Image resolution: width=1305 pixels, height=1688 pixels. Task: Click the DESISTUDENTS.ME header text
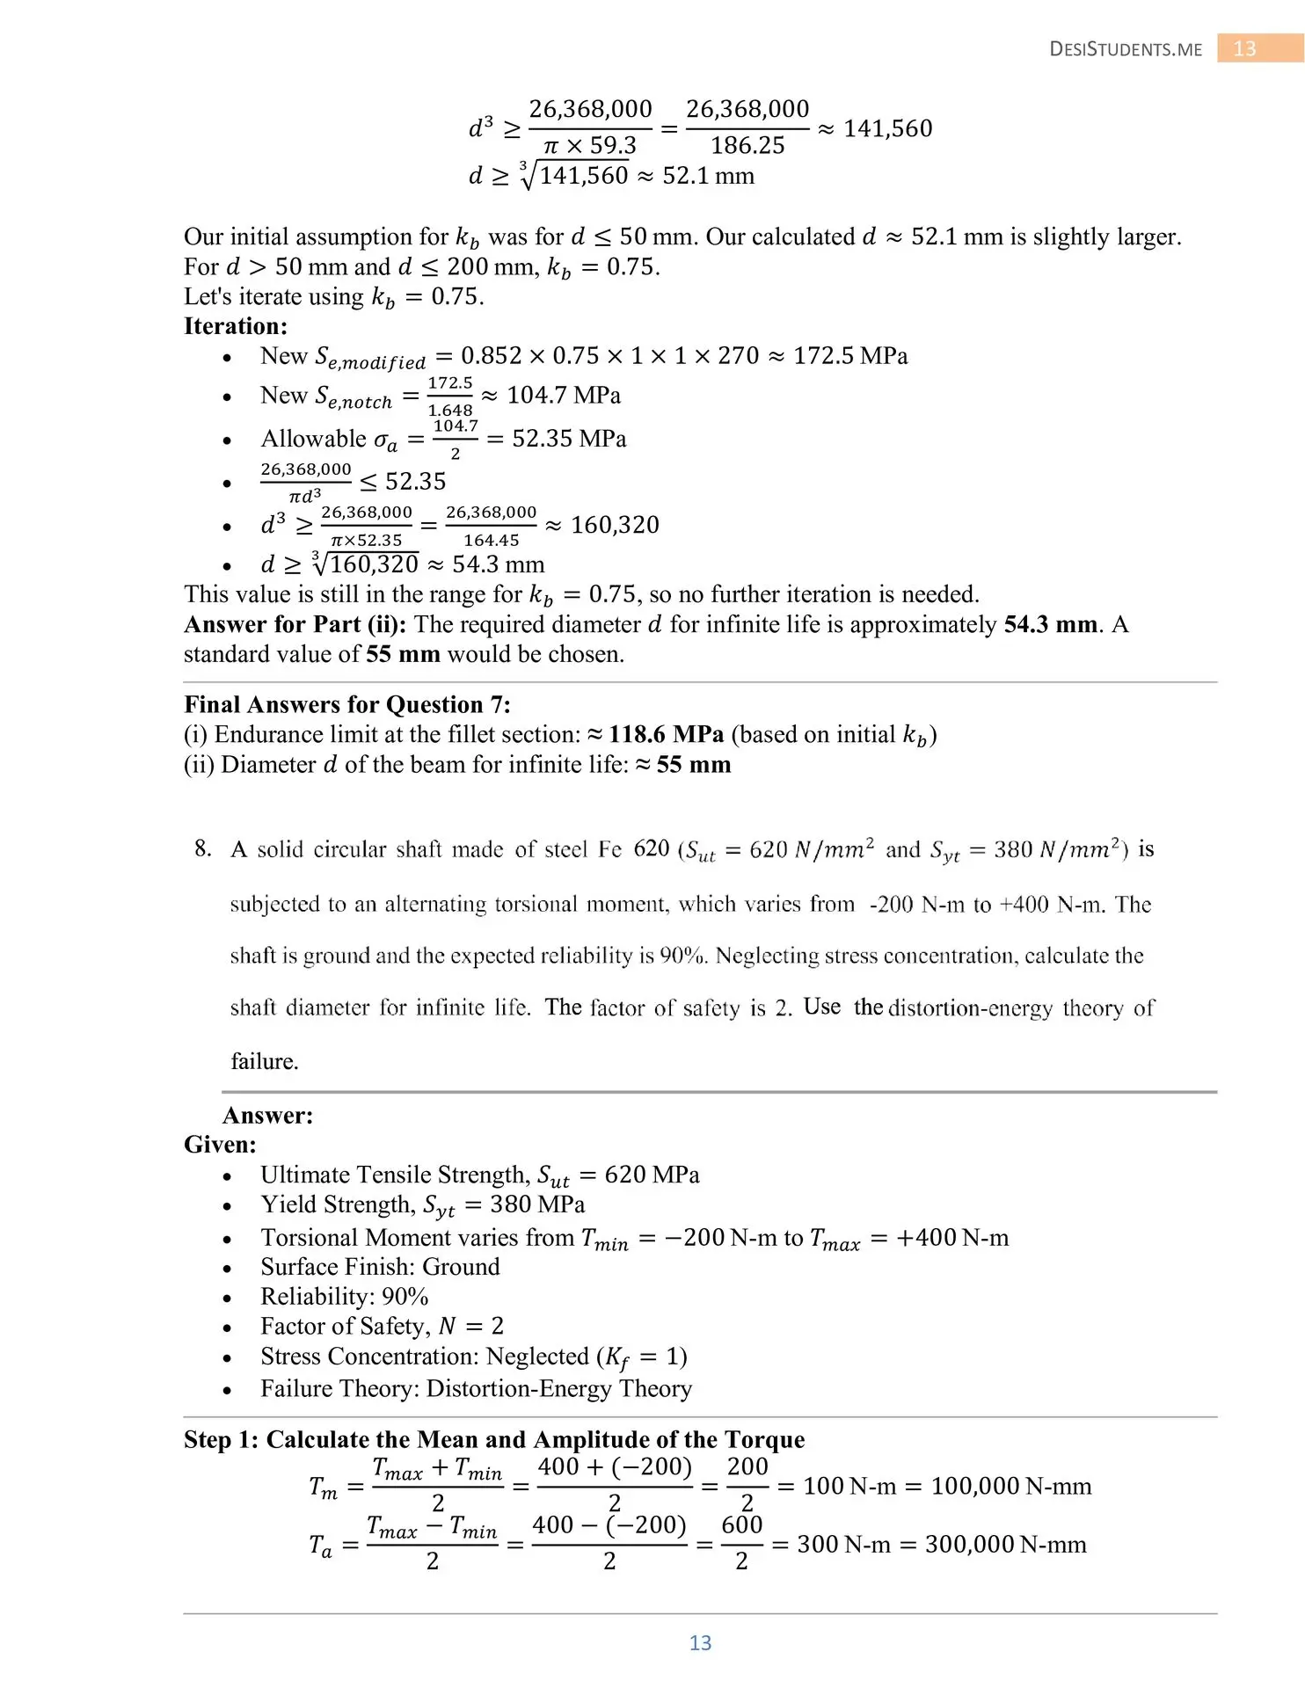pyautogui.click(x=1126, y=49)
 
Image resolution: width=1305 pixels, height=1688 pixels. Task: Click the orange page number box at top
pyautogui.click(x=1244, y=48)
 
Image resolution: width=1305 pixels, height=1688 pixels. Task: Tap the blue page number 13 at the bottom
pyautogui.click(x=700, y=1643)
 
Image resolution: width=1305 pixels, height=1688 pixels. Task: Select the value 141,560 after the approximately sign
pyautogui.click(x=887, y=129)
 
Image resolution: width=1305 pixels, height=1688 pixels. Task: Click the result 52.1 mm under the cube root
pyautogui.click(x=708, y=176)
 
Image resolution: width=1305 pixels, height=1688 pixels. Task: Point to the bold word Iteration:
pyautogui.click(x=236, y=326)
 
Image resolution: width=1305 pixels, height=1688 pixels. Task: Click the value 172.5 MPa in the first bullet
pyautogui.click(x=849, y=356)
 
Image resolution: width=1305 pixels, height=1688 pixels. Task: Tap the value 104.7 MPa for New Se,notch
pyautogui.click(x=564, y=396)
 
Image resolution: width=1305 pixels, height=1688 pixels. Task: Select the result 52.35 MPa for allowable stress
pyautogui.click(x=569, y=439)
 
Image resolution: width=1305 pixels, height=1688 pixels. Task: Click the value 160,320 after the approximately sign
pyautogui.click(x=615, y=526)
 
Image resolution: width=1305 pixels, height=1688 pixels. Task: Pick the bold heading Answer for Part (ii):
pyautogui.click(x=295, y=624)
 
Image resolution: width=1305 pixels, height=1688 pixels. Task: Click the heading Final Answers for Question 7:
pyautogui.click(x=347, y=705)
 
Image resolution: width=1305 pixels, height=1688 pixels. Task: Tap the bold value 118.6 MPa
pyautogui.click(x=666, y=735)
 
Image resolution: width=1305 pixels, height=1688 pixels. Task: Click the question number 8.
pyautogui.click(x=203, y=849)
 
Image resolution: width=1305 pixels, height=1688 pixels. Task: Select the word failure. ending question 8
pyautogui.click(x=265, y=1062)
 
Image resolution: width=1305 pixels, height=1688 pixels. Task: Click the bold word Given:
pyautogui.click(x=220, y=1145)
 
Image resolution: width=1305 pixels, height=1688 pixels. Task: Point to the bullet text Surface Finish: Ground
pyautogui.click(x=380, y=1267)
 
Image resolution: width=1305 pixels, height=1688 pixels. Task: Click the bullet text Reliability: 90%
pyautogui.click(x=345, y=1297)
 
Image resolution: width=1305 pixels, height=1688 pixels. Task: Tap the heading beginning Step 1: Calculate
pyautogui.click(x=494, y=1440)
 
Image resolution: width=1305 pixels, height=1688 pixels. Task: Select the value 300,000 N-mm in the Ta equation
pyautogui.click(x=1005, y=1545)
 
